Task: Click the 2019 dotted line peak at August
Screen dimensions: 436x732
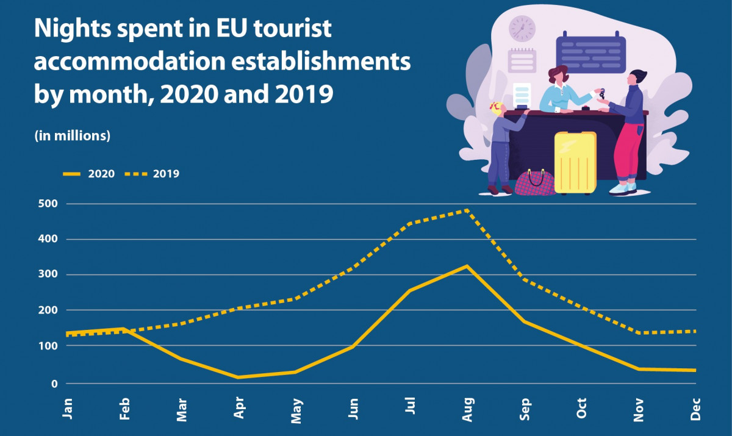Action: coord(467,210)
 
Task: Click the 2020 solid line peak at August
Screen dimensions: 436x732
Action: coord(467,266)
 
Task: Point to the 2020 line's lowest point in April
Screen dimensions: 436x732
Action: coord(238,377)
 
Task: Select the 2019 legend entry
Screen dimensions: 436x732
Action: coord(152,174)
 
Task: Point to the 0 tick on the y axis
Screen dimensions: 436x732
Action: coord(54,384)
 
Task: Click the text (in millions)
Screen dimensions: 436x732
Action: coord(72,135)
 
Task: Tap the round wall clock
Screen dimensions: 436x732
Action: coord(522,29)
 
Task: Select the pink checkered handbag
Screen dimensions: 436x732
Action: coord(535,182)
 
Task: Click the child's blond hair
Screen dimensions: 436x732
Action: coord(498,109)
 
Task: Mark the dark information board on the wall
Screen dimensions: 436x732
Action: coord(590,54)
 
